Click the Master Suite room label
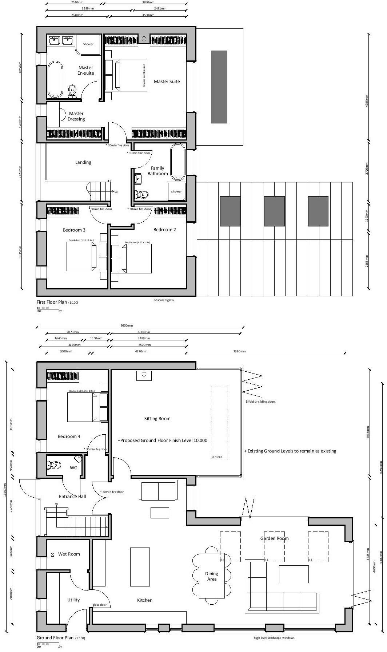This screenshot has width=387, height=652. point(167,82)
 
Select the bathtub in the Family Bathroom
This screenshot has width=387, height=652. point(178,162)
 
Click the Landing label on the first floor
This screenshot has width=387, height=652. point(83,162)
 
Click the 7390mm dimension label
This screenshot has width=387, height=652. point(239,351)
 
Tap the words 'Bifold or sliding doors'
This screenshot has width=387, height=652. point(260,402)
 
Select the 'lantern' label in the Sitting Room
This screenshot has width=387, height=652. point(217,457)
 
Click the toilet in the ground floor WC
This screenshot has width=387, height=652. point(54,465)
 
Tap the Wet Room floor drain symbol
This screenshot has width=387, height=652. point(52,554)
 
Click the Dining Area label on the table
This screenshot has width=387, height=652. point(212,576)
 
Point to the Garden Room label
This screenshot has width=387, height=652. point(274,538)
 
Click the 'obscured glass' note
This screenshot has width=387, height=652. point(163,300)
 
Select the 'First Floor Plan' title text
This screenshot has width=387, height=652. point(52,302)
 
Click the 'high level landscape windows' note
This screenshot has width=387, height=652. point(274,638)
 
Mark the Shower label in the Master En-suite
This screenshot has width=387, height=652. point(88,44)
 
